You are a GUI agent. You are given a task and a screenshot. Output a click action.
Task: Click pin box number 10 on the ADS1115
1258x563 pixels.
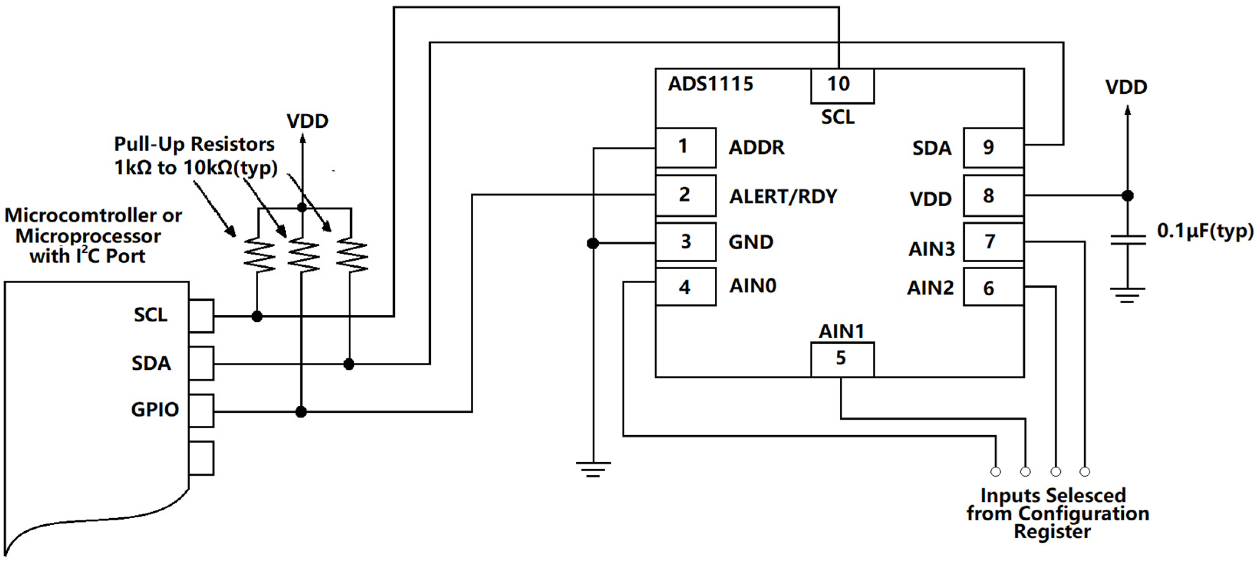tap(842, 86)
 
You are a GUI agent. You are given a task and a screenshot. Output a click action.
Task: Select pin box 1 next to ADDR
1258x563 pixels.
tap(686, 148)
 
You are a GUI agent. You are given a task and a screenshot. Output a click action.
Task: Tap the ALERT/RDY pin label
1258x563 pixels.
tap(783, 196)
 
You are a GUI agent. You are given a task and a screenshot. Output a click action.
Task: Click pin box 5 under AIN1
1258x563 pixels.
tap(842, 359)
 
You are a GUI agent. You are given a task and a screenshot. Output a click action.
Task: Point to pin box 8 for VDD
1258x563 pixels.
tap(993, 196)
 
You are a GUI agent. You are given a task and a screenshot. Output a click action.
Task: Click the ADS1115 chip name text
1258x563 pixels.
tap(711, 84)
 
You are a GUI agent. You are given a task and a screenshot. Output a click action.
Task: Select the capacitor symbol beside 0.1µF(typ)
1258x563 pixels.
tap(1128, 240)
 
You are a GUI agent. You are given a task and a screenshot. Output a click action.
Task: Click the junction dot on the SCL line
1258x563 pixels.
tap(257, 316)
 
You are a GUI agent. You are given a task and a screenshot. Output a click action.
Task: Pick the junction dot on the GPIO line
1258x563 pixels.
tap(301, 412)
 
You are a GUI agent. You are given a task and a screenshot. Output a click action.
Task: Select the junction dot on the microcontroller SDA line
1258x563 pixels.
tap(349, 364)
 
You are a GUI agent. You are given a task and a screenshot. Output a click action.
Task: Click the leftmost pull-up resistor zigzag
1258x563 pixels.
tap(259, 254)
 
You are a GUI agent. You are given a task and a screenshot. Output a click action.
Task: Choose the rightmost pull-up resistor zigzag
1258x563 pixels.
tap(351, 254)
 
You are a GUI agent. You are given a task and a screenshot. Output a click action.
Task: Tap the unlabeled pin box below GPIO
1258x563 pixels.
tap(201, 458)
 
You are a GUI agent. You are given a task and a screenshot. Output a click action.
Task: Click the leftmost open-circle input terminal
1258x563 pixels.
tap(996, 472)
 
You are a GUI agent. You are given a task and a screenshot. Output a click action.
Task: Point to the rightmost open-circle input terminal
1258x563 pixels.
tap(1085, 472)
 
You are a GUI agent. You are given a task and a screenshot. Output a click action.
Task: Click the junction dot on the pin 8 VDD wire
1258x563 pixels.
tap(1127, 196)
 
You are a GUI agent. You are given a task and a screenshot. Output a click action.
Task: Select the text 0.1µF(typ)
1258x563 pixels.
tap(1205, 231)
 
